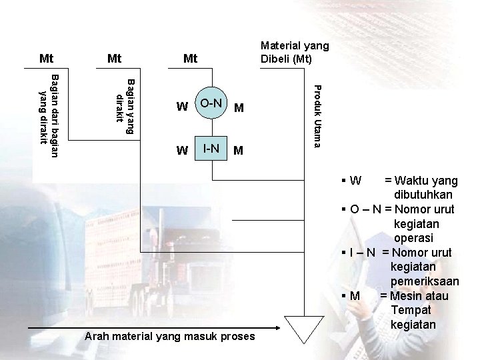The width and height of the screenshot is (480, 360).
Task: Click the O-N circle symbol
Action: (x=212, y=103)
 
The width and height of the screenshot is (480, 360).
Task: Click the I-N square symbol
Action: (x=212, y=149)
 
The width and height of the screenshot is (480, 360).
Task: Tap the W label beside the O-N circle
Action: (x=181, y=107)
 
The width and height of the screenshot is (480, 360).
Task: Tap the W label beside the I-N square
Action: (x=181, y=151)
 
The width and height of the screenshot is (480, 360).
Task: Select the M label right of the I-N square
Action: (x=238, y=151)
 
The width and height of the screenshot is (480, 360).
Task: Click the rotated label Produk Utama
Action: (x=318, y=116)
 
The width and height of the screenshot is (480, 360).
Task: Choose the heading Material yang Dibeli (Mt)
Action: (x=294, y=52)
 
